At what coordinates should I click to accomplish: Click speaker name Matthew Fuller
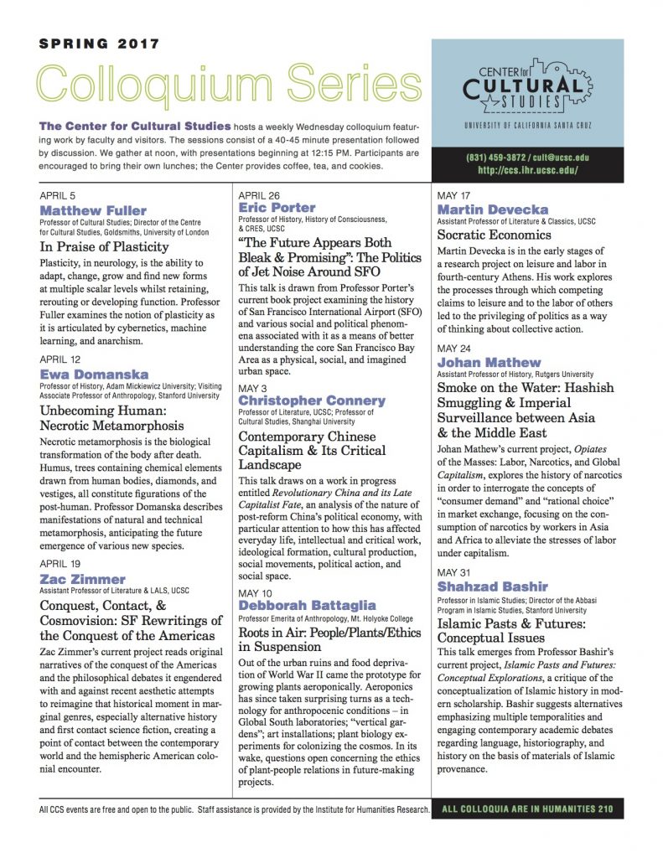(93, 209)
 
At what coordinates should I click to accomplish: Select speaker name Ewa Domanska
(94, 374)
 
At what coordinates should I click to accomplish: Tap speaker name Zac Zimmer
(83, 579)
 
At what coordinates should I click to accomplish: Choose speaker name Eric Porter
(277, 207)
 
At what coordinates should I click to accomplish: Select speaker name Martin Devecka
(493, 209)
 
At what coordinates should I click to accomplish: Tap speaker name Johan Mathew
(489, 362)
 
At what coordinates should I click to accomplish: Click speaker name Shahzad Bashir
(492, 586)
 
